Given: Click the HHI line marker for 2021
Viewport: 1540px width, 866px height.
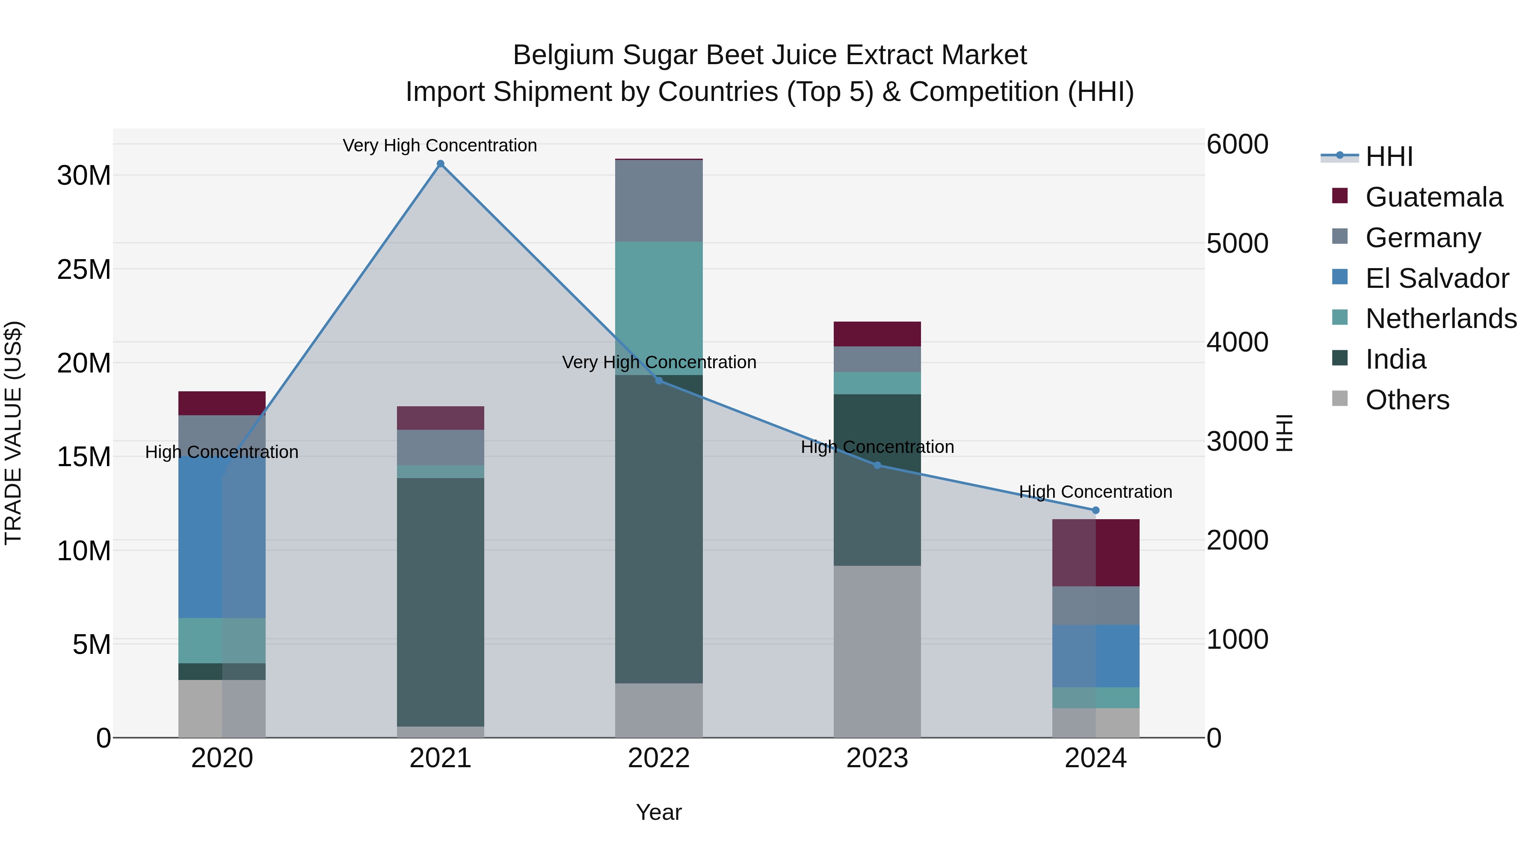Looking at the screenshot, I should click(x=441, y=164).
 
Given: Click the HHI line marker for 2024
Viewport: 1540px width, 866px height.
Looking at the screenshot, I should click(x=1096, y=510).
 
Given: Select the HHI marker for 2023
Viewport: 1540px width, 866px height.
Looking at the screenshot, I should click(x=878, y=466).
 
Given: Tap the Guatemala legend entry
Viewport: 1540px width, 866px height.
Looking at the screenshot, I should click(x=1433, y=197).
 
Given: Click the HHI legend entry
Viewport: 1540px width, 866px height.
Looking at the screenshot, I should click(x=1389, y=157).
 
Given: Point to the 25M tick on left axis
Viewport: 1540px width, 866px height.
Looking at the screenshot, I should click(x=84, y=269).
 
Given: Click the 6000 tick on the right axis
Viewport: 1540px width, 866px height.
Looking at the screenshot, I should click(x=1237, y=145).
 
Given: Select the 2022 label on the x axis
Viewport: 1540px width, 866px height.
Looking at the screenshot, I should click(x=659, y=758).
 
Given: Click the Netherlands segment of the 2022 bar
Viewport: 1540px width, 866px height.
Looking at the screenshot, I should click(x=659, y=308).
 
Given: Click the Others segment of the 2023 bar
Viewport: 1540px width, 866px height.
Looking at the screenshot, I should click(x=878, y=651).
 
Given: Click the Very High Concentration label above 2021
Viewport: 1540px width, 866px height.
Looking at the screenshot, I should click(x=440, y=146).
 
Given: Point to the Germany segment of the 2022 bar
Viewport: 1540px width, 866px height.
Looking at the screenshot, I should click(x=659, y=201).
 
